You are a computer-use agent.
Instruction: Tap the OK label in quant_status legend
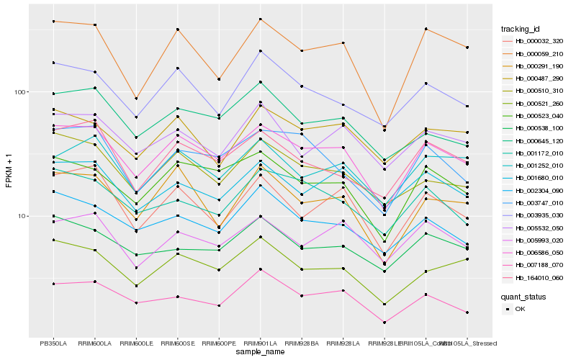point(521,309)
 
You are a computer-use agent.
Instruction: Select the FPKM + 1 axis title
point(9,170)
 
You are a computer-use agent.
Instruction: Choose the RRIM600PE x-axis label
point(219,343)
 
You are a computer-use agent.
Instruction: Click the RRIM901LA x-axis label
point(261,343)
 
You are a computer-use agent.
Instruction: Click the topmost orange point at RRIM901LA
point(261,19)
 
